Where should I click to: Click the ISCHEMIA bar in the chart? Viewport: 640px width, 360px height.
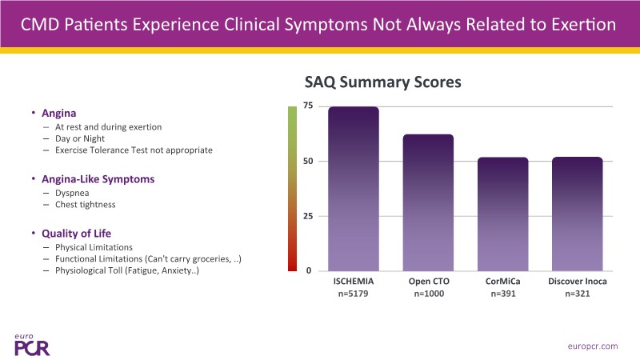[x=353, y=189]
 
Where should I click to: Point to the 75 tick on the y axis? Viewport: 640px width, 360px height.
[x=307, y=106]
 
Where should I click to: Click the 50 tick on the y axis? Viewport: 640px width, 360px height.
[x=307, y=161]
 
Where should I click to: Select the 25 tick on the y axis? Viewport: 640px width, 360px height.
[x=307, y=216]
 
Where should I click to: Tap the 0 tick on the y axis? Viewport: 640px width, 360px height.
[x=309, y=271]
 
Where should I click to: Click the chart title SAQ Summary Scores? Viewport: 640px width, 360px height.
[x=383, y=82]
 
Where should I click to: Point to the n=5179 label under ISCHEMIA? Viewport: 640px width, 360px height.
[x=353, y=294]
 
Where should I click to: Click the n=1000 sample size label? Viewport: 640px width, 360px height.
[x=428, y=294]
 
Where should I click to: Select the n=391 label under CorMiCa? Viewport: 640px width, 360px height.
[x=502, y=294]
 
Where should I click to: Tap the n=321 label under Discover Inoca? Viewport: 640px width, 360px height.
[x=577, y=294]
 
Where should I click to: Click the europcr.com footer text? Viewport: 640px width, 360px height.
[x=591, y=346]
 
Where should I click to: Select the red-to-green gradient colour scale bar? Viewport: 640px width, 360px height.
[x=292, y=189]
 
